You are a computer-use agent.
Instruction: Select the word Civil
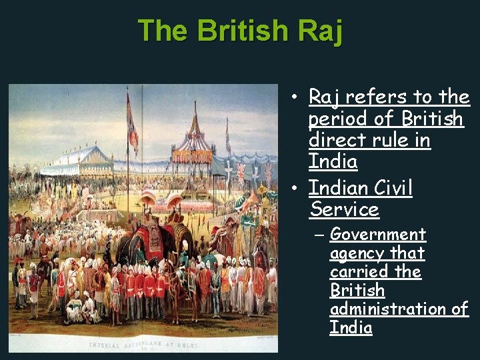(x=388, y=189)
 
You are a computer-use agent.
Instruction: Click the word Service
(x=344, y=210)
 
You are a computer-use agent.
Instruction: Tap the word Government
(x=377, y=235)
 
